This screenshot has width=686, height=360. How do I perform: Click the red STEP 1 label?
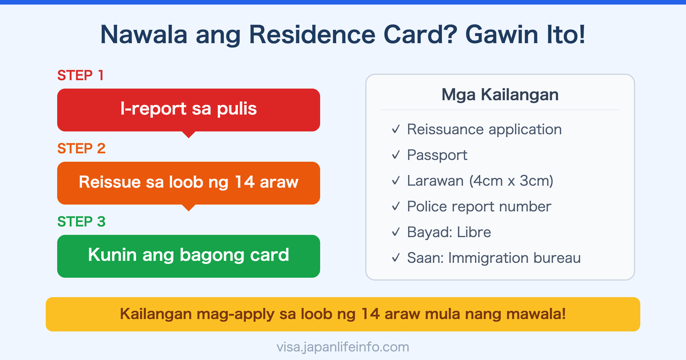point(81,75)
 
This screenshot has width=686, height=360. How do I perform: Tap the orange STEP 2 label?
point(81,149)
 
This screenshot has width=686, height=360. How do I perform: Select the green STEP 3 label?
point(81,222)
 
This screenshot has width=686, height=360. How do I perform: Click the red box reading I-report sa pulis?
point(188,110)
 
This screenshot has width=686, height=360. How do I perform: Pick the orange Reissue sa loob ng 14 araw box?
point(188,183)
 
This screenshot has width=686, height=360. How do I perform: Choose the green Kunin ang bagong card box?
point(188,255)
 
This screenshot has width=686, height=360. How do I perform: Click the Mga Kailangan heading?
point(500,94)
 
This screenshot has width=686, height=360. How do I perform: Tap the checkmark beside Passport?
point(396,155)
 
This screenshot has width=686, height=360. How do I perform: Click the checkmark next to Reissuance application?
point(396,130)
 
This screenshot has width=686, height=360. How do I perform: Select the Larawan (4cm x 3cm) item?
point(480,181)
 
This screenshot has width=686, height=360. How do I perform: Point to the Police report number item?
point(478,207)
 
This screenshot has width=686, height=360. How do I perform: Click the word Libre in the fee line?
point(474,233)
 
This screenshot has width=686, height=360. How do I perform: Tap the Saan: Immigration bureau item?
point(493,258)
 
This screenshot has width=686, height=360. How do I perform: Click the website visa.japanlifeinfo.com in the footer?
point(342,347)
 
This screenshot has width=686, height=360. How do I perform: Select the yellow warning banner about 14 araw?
point(342,314)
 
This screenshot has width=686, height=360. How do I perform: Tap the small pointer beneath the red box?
point(188,135)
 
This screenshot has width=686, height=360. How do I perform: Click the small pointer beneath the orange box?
point(188,208)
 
